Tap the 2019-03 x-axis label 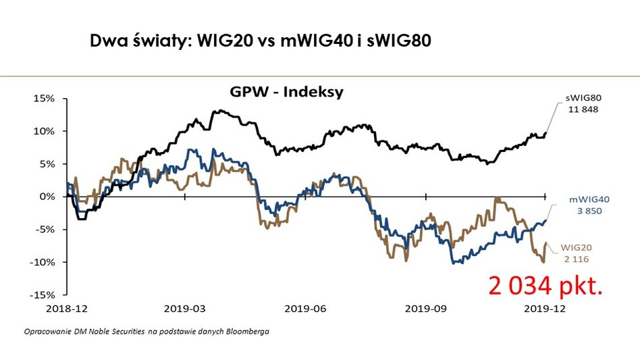click(x=185, y=309)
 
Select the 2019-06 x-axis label click(x=305, y=309)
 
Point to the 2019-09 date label click(x=425, y=309)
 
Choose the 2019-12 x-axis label click(x=545, y=309)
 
